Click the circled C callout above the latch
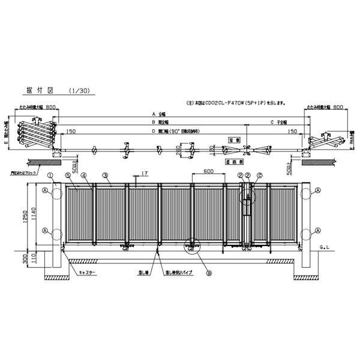click(x=259, y=175)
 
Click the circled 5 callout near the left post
click(x=68, y=175)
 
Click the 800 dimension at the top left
click(x=51, y=106)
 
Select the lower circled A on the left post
click(x=45, y=230)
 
